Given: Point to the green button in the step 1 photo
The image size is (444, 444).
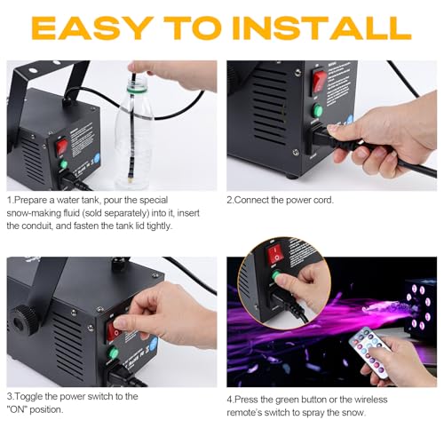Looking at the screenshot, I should [x=62, y=163].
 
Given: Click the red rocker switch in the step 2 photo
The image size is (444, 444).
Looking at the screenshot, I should [x=319, y=82].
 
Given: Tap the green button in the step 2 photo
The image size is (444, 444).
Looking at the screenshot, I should [x=317, y=111].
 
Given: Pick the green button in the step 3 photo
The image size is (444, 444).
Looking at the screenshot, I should [x=112, y=353].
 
